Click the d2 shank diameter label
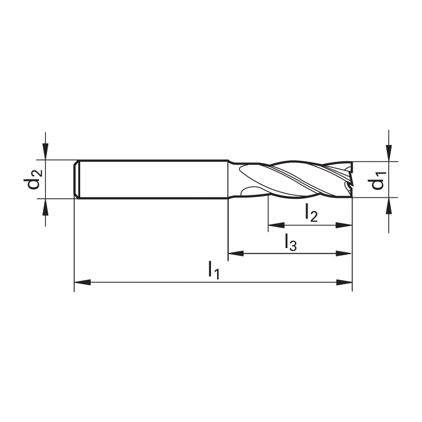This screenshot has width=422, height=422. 33,180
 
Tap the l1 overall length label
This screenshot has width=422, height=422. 214,271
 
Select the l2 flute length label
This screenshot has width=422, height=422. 311,212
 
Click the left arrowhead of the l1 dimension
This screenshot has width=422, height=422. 83,282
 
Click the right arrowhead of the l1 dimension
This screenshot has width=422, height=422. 344,282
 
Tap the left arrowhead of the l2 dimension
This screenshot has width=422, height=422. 276,225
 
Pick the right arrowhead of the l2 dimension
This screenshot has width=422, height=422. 344,225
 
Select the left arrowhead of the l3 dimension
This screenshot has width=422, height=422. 236,253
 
